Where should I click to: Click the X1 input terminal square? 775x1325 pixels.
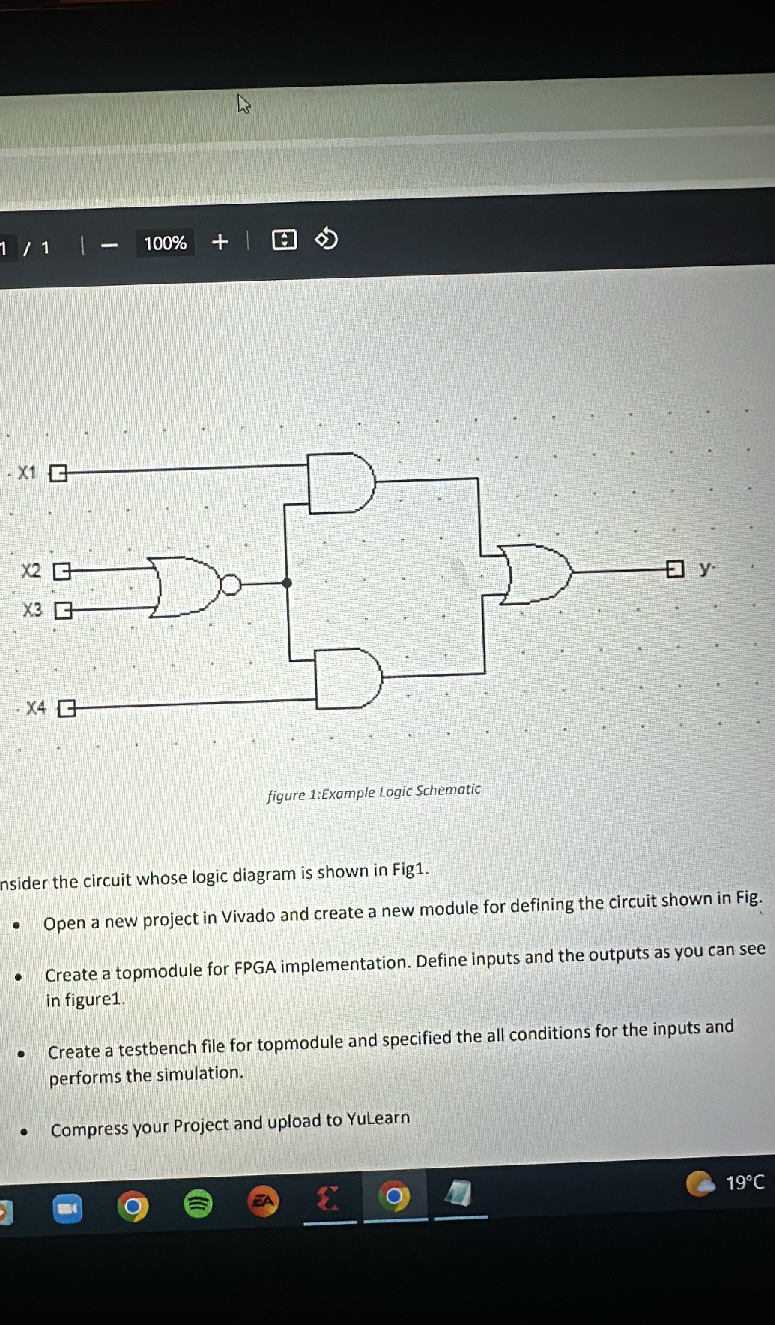click(x=58, y=473)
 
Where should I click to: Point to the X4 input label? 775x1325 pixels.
click(x=36, y=708)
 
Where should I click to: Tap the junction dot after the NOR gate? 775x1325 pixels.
click(x=286, y=582)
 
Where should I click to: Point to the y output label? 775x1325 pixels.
click(x=705, y=567)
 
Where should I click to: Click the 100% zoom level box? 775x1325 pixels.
click(x=165, y=243)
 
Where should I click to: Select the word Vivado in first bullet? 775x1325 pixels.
click(x=248, y=916)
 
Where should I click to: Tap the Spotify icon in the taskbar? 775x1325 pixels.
click(x=198, y=1203)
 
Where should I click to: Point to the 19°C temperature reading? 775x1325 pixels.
click(x=745, y=1183)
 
